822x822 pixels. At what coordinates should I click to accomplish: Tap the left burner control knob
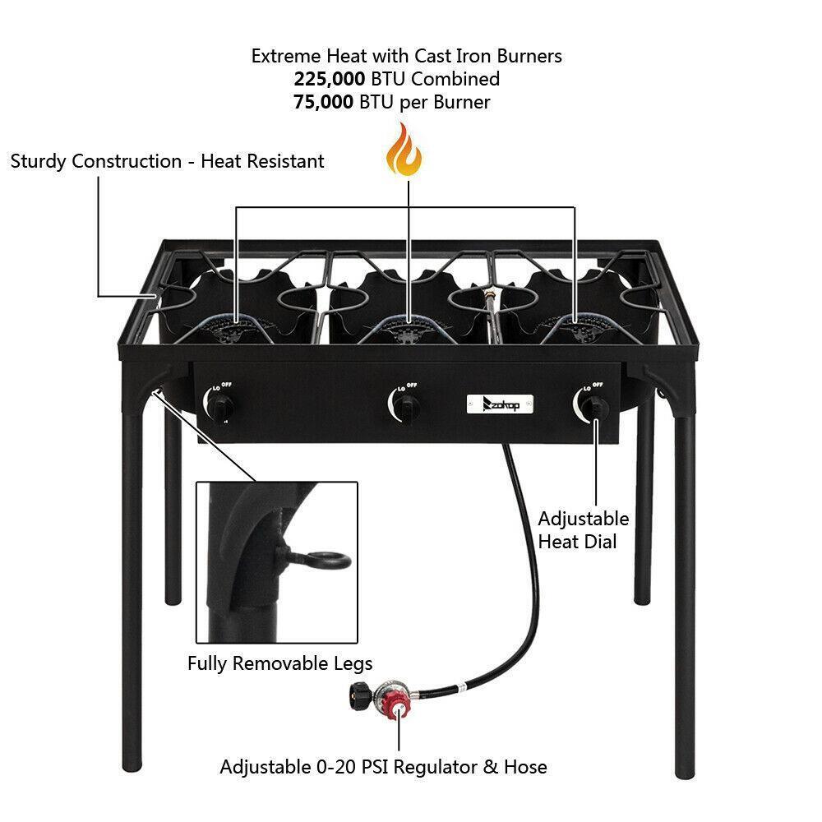coord(221,405)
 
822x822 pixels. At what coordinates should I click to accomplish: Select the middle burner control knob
coord(405,404)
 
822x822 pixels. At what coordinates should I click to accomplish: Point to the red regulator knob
coord(397,706)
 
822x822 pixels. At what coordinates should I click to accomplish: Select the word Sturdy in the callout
coord(39,161)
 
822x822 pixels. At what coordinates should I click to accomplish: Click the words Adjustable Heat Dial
coord(583,530)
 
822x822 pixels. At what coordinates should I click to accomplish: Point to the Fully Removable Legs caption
coord(279,663)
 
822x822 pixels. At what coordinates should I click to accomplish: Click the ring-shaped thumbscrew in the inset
coord(325,561)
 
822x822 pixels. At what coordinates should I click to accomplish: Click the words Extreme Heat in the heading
coord(299,56)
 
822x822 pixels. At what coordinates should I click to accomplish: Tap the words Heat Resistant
coord(263,161)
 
